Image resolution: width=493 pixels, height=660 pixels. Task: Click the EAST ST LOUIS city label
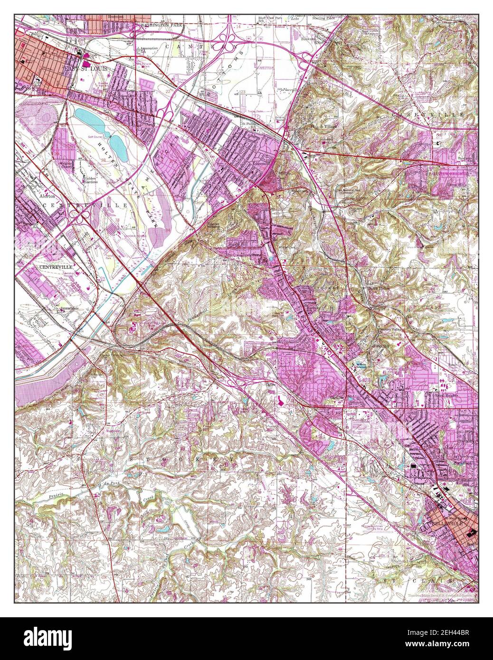click(x=86, y=69)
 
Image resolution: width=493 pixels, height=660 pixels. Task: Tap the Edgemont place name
click(x=264, y=164)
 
